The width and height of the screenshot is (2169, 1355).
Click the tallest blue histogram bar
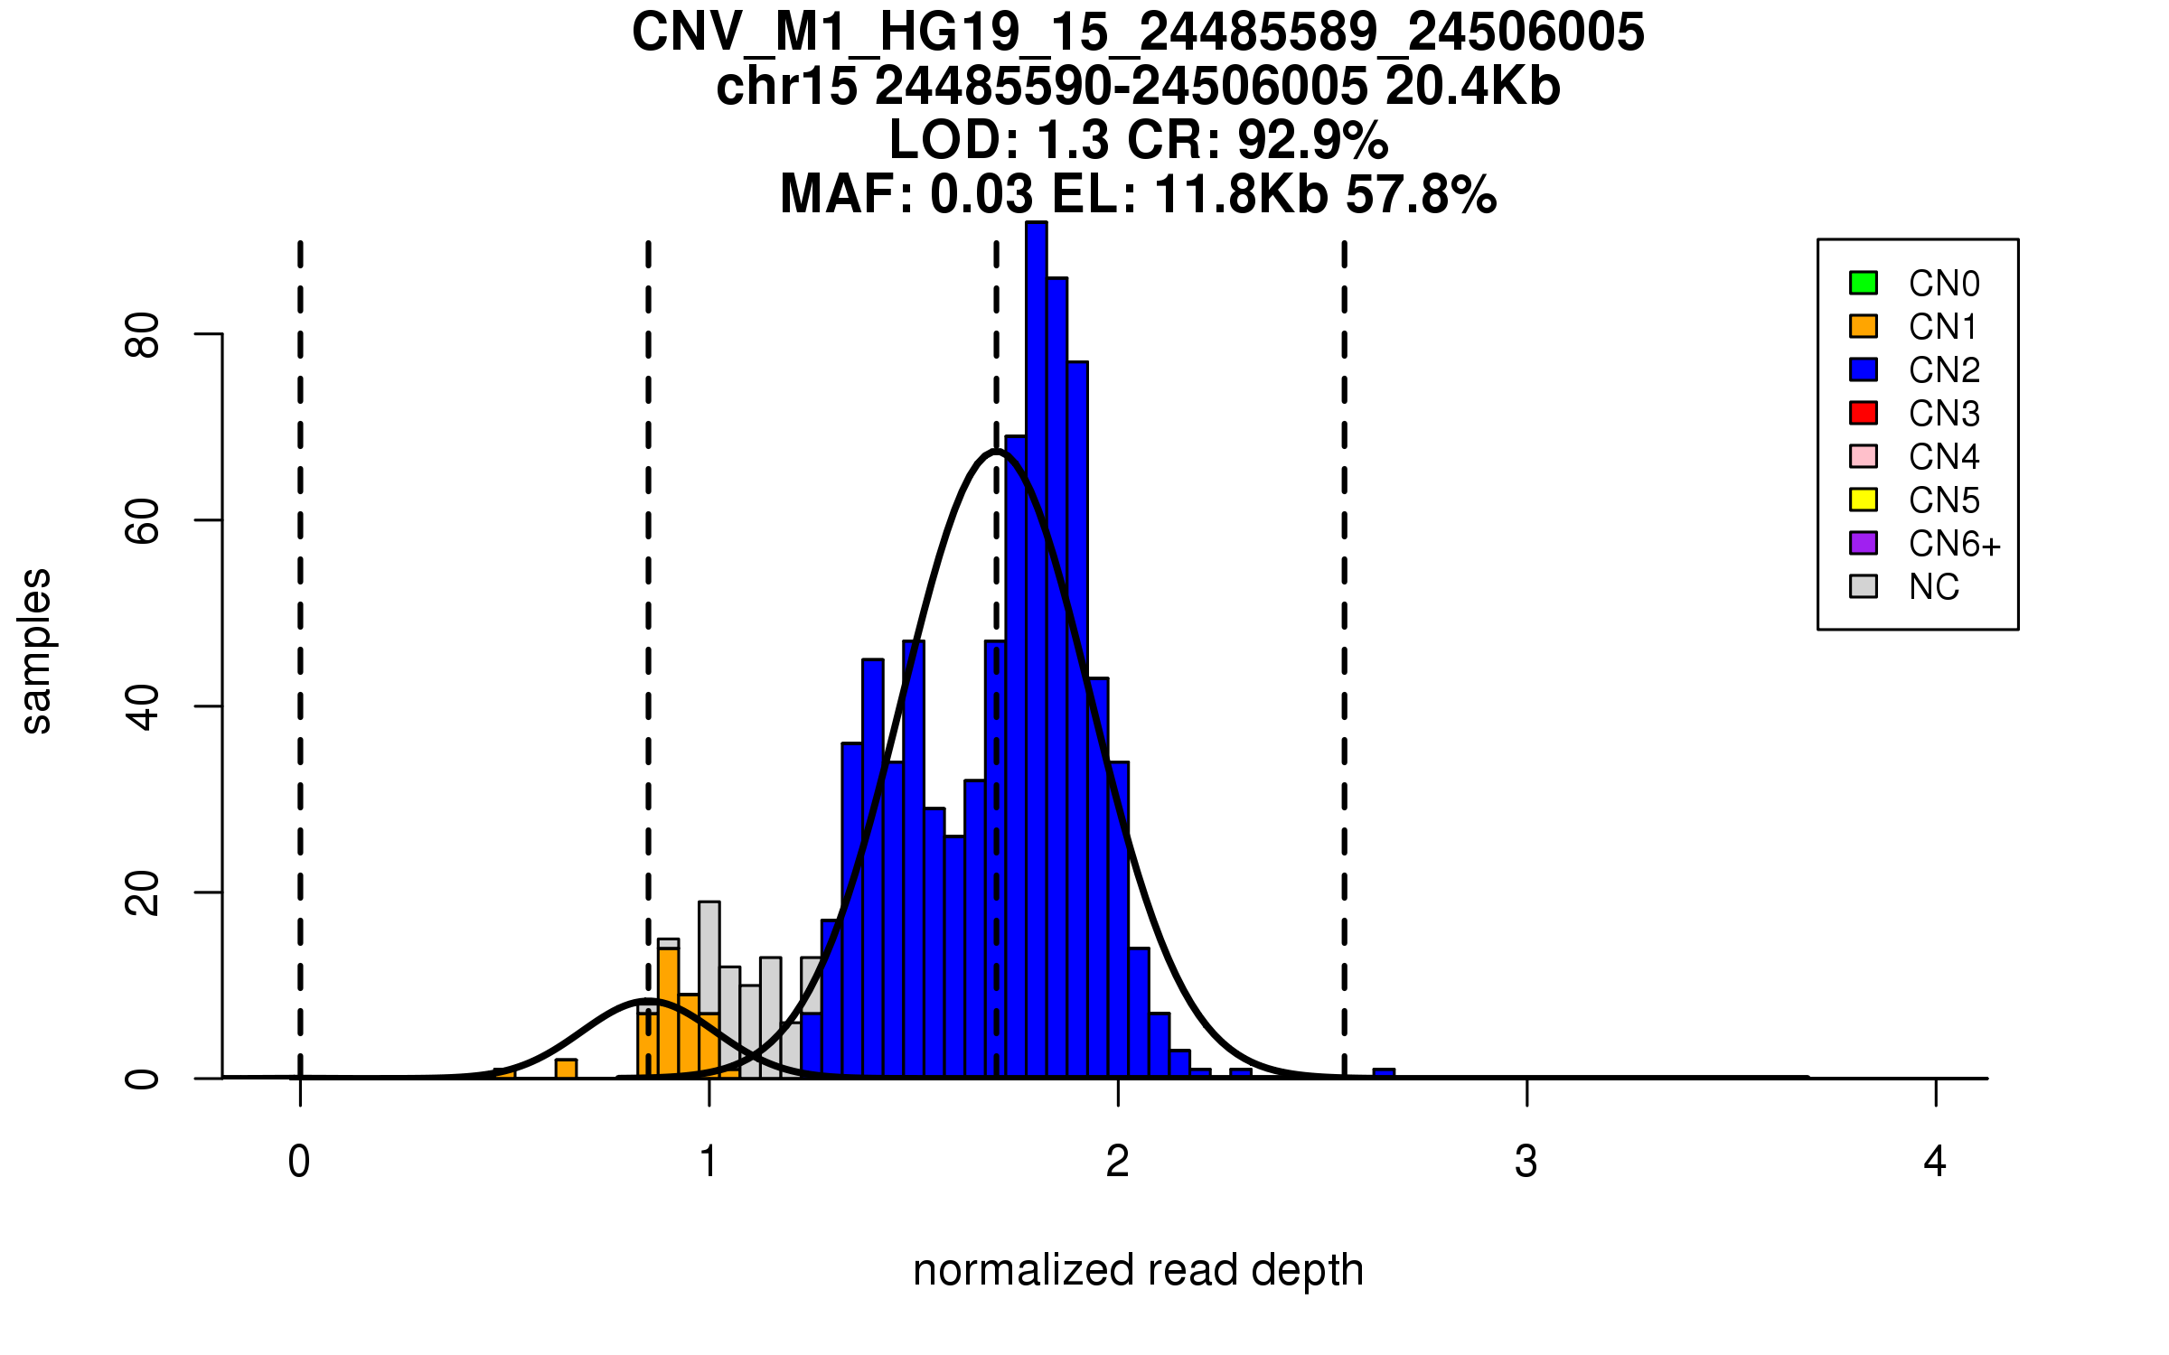[1037, 650]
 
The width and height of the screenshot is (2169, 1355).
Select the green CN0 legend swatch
[1864, 283]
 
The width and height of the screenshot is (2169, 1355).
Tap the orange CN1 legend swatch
[1864, 326]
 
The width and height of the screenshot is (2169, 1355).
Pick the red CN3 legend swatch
[1864, 413]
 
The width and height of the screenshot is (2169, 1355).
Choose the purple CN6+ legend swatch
[1864, 543]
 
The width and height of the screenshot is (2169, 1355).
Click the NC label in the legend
[1934, 587]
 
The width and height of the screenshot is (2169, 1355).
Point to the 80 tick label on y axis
[143, 335]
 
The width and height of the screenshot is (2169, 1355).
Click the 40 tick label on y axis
[143, 707]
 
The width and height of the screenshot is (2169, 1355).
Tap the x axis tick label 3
[1526, 1162]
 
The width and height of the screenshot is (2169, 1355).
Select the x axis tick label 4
[1935, 1162]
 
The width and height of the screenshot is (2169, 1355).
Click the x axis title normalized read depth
[1138, 1270]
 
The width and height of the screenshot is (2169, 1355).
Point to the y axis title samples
[36, 651]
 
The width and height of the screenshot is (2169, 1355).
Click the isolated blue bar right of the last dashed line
[1384, 1073]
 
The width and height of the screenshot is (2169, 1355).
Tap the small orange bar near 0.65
[566, 1068]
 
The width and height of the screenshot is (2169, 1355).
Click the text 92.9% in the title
[1312, 140]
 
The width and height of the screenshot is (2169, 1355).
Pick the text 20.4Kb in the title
[1473, 87]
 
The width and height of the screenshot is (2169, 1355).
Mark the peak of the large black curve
[995, 450]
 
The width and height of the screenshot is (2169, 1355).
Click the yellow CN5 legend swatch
[1864, 500]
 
